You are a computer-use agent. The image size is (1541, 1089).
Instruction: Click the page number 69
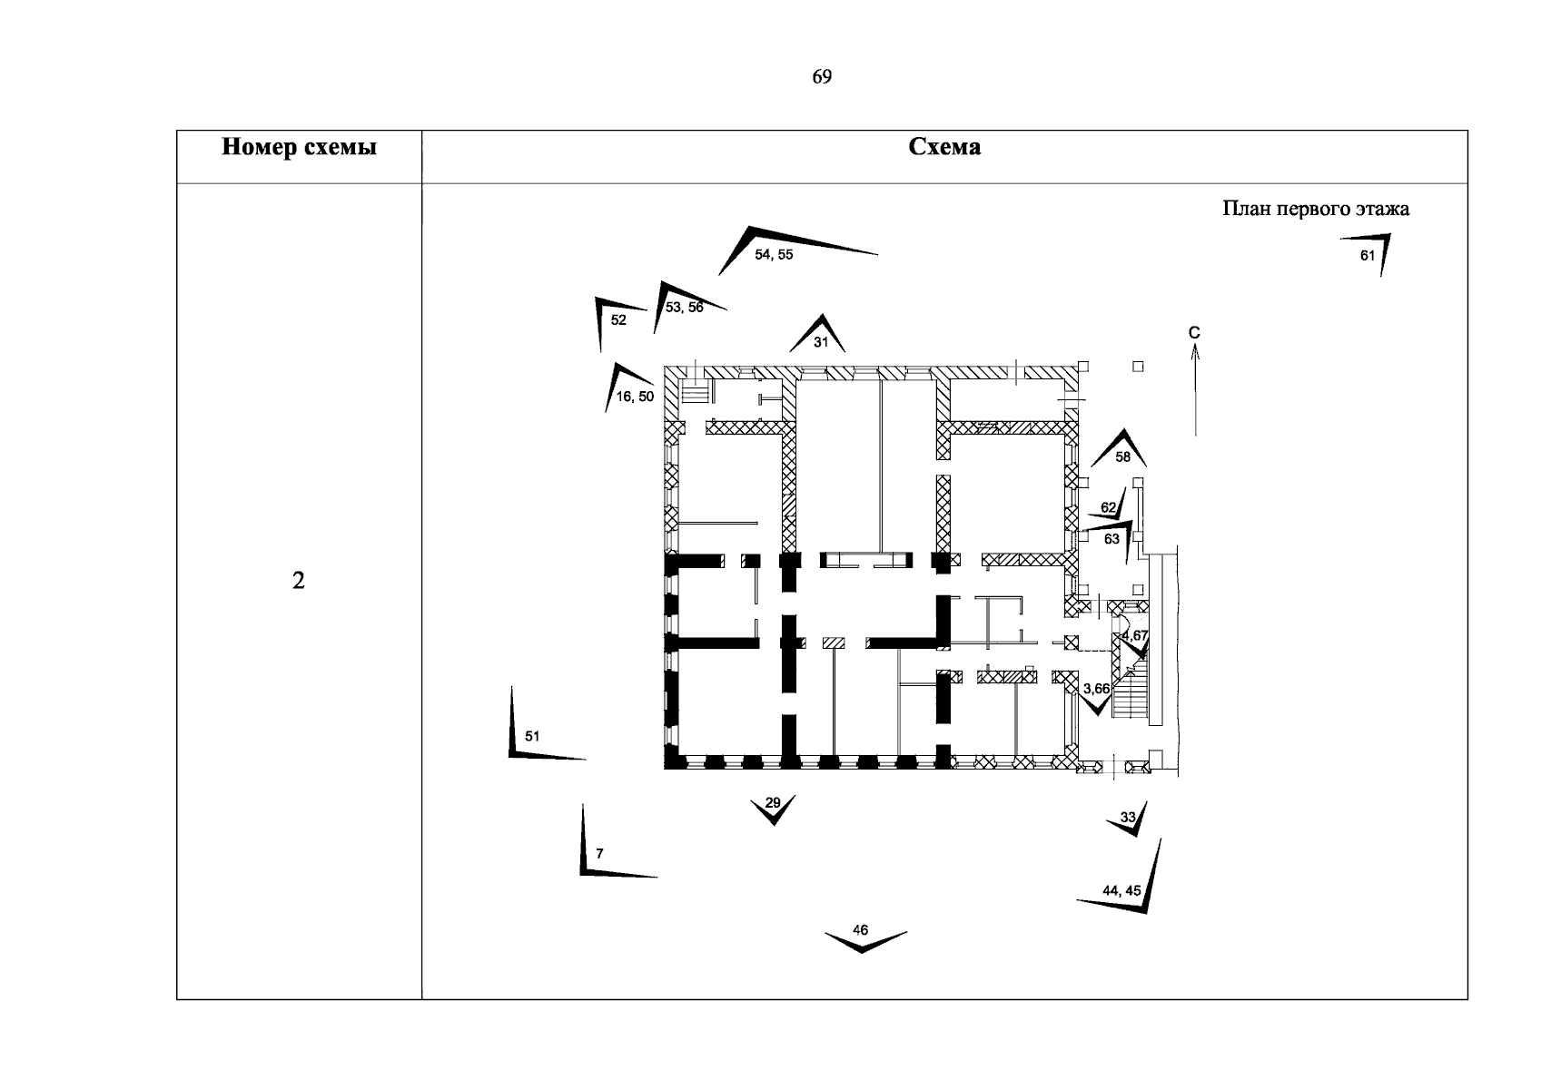[821, 77]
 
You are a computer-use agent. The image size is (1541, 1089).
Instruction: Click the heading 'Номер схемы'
[299, 147]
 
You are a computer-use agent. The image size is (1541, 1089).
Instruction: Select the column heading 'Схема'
[944, 147]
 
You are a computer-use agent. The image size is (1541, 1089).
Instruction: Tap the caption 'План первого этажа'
[1316, 209]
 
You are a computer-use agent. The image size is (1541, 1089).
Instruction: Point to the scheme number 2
[299, 581]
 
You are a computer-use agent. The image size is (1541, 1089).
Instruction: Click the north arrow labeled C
[1195, 381]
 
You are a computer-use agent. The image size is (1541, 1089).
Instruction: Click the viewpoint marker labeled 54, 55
[773, 253]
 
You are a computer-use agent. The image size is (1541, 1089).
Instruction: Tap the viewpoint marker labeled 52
[617, 319]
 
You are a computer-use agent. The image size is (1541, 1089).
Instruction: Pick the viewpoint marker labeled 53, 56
[683, 307]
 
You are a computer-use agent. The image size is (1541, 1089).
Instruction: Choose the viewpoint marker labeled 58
[1122, 453]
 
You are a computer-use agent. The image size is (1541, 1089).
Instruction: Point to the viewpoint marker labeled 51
[531, 736]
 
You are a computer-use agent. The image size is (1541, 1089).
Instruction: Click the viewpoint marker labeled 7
[598, 854]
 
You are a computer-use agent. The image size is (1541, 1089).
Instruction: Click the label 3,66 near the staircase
[1096, 690]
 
